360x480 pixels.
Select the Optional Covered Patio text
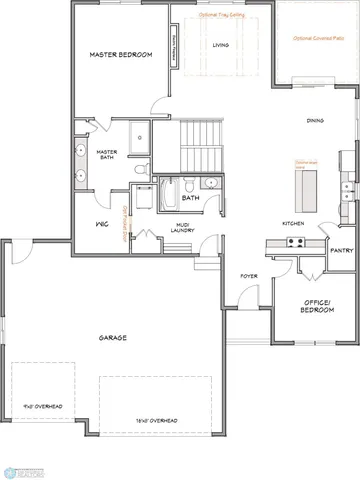[x=317, y=38]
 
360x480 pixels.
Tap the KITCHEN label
[x=294, y=223]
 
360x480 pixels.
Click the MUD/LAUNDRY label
[x=183, y=227]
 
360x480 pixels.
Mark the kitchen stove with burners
[x=295, y=242]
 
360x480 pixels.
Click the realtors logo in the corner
[x=19, y=467]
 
